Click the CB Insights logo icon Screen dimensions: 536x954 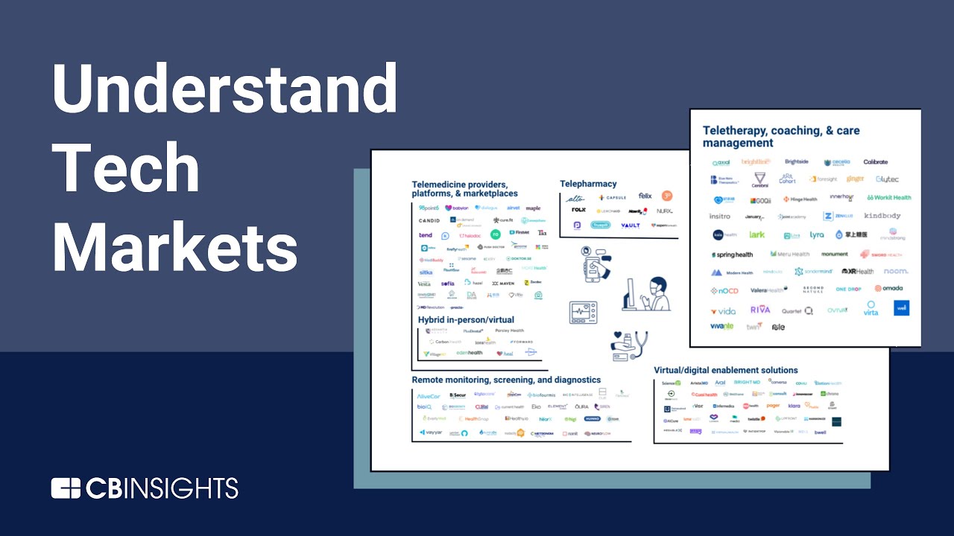pos(66,488)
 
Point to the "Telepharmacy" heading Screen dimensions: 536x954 pos(588,184)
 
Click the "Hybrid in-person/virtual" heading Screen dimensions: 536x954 pos(466,319)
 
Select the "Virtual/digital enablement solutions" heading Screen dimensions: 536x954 pos(725,370)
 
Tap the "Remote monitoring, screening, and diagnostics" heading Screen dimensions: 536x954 pos(506,380)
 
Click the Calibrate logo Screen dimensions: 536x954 pos(876,162)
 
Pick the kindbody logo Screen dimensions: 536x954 pos(882,216)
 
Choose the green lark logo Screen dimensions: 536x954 pos(756,234)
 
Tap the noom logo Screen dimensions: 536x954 pos(896,271)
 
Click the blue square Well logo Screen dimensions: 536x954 pos(902,307)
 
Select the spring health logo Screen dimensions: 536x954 pos(733,255)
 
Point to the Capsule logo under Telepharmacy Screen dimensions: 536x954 pos(611,198)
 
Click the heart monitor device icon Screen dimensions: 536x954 pos(583,312)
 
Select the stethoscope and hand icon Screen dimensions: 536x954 pos(629,345)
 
